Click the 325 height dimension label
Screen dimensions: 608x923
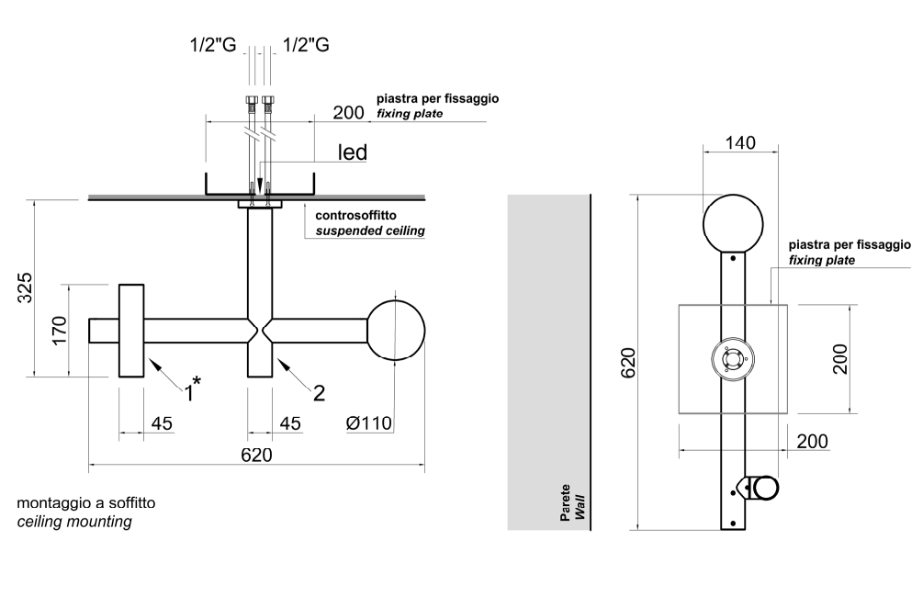click(x=26, y=287)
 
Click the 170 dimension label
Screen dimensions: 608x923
click(x=60, y=330)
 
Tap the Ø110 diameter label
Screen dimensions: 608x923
click(x=369, y=423)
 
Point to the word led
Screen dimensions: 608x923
click(x=353, y=152)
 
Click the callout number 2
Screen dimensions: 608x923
click(x=319, y=393)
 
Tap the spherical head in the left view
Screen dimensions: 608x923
click(x=396, y=330)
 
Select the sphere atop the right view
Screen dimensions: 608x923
click(x=733, y=224)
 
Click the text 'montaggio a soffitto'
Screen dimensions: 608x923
click(x=86, y=503)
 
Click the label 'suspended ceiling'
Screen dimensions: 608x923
click(x=370, y=231)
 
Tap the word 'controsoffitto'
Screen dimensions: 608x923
click(x=357, y=216)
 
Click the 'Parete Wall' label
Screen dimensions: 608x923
click(x=572, y=503)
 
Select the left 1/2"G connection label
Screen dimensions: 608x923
click(x=212, y=44)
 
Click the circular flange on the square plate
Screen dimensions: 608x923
click(x=733, y=359)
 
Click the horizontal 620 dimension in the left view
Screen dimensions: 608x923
click(x=256, y=455)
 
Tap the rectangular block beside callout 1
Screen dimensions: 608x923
click(x=131, y=331)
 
